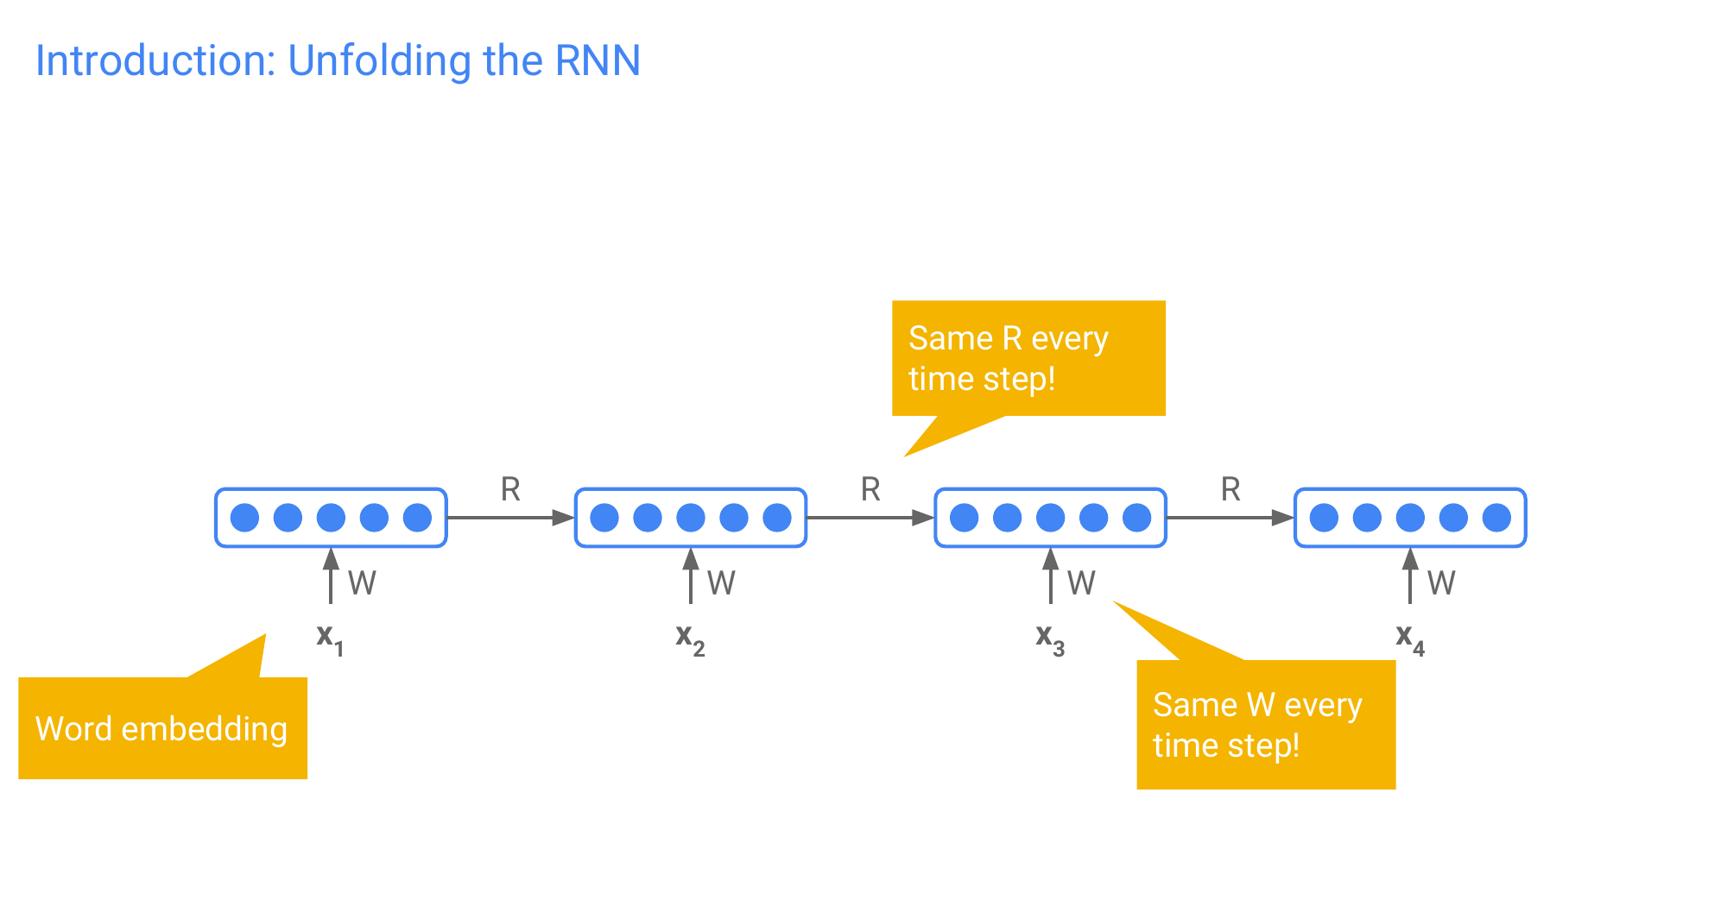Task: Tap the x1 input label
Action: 330,638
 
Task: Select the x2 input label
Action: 690,638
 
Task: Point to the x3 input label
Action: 1050,638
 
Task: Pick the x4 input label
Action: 1410,638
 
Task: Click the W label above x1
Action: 362,583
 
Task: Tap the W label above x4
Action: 1441,583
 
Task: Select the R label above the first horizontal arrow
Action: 510,489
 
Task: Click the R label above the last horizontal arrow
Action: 1230,489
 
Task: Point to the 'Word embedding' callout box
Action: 162,728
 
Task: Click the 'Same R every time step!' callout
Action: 1028,358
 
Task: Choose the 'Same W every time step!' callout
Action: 1266,725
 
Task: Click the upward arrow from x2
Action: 690,576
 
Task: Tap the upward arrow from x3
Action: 1050,576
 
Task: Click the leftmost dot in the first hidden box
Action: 244,518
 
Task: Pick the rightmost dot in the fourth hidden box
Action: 1496,518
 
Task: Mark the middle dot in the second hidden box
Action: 691,518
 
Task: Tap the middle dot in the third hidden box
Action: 1050,518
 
